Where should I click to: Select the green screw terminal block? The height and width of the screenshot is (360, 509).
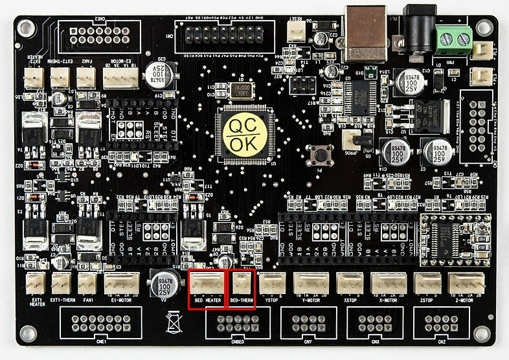click(455, 41)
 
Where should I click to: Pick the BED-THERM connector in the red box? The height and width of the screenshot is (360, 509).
click(242, 284)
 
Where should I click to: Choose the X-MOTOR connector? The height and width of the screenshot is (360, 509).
click(388, 284)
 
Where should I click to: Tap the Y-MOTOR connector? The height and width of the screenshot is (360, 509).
click(313, 284)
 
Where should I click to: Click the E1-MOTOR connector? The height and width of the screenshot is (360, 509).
click(122, 283)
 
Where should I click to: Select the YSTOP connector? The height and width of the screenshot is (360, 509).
click(272, 283)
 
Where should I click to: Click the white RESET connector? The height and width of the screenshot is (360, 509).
click(297, 30)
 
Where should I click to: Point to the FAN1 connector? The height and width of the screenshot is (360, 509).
click(87, 283)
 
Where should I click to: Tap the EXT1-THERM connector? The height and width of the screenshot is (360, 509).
click(61, 283)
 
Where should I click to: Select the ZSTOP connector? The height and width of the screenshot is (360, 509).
click(427, 284)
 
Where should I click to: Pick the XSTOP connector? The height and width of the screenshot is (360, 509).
click(350, 284)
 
